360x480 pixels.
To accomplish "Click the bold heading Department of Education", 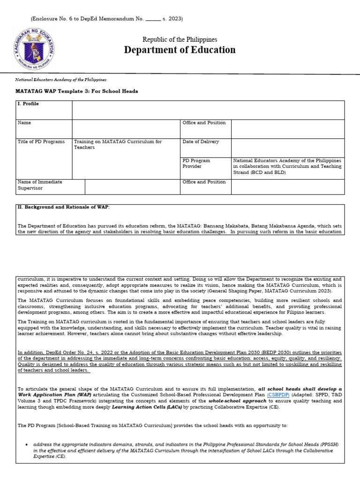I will (x=180, y=50).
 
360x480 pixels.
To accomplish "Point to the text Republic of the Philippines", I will (x=180, y=39).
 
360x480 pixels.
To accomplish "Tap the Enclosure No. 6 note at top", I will (x=106, y=19).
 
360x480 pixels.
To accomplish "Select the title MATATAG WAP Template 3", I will (x=77, y=91).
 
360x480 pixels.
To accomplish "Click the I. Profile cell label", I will (x=28, y=104).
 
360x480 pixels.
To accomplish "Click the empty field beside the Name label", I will (x=126, y=128).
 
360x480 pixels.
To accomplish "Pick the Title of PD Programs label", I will (x=41, y=142).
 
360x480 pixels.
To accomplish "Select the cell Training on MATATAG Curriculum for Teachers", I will (x=118, y=144).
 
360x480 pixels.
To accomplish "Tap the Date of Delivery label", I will (x=201, y=142).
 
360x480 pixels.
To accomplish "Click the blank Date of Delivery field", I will (x=287, y=147).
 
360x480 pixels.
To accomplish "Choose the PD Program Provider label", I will (x=196, y=163).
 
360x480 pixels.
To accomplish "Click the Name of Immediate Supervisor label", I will (x=40, y=185).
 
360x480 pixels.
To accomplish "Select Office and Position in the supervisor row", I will (x=204, y=182).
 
